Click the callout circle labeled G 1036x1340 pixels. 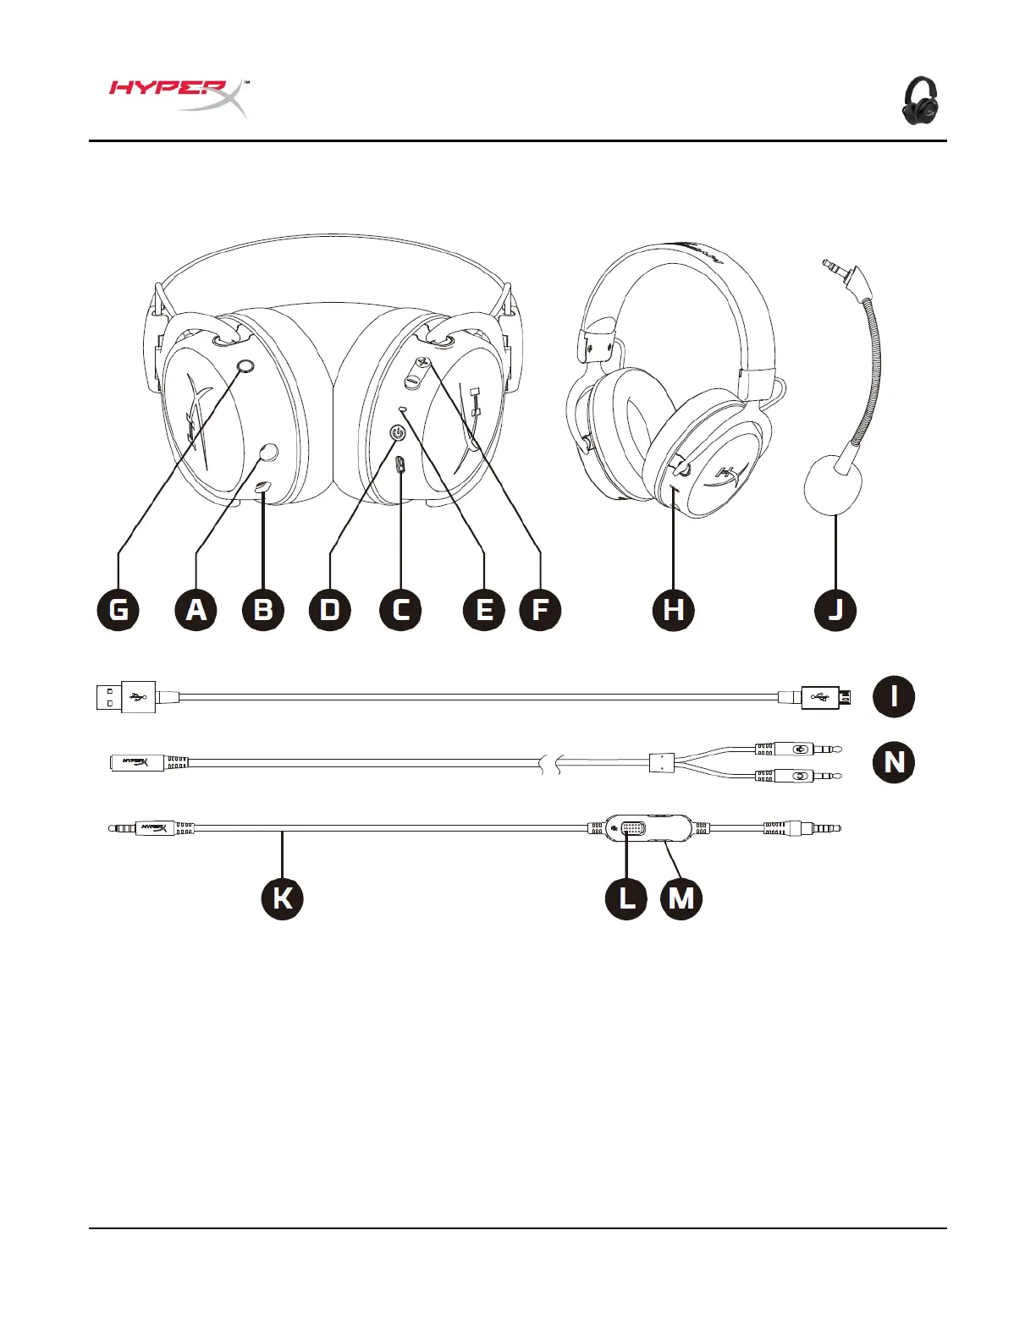pyautogui.click(x=118, y=610)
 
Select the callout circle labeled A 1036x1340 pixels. pyautogui.click(x=196, y=610)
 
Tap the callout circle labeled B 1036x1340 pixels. pyautogui.click(x=262, y=610)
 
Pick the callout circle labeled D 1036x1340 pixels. pyautogui.click(x=330, y=610)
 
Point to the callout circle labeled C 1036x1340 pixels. pyautogui.click(x=400, y=610)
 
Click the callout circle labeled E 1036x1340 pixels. pyautogui.click(x=484, y=610)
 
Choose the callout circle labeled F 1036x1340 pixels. pyautogui.click(x=540, y=610)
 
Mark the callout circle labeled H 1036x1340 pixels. pyautogui.click(x=674, y=610)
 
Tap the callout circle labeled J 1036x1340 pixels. pyautogui.click(x=835, y=610)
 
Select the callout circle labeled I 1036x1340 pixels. pyautogui.click(x=894, y=696)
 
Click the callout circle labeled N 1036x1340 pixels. pyautogui.click(x=894, y=762)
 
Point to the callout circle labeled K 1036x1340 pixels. pyautogui.click(x=282, y=898)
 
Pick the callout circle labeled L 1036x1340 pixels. pyautogui.click(x=626, y=898)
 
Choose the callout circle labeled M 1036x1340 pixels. pyautogui.click(x=681, y=898)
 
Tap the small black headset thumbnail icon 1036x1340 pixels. pyautogui.click(x=920, y=101)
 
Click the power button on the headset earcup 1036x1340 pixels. pyautogui.click(x=398, y=433)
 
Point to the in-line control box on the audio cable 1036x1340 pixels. pyautogui.click(x=647, y=828)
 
